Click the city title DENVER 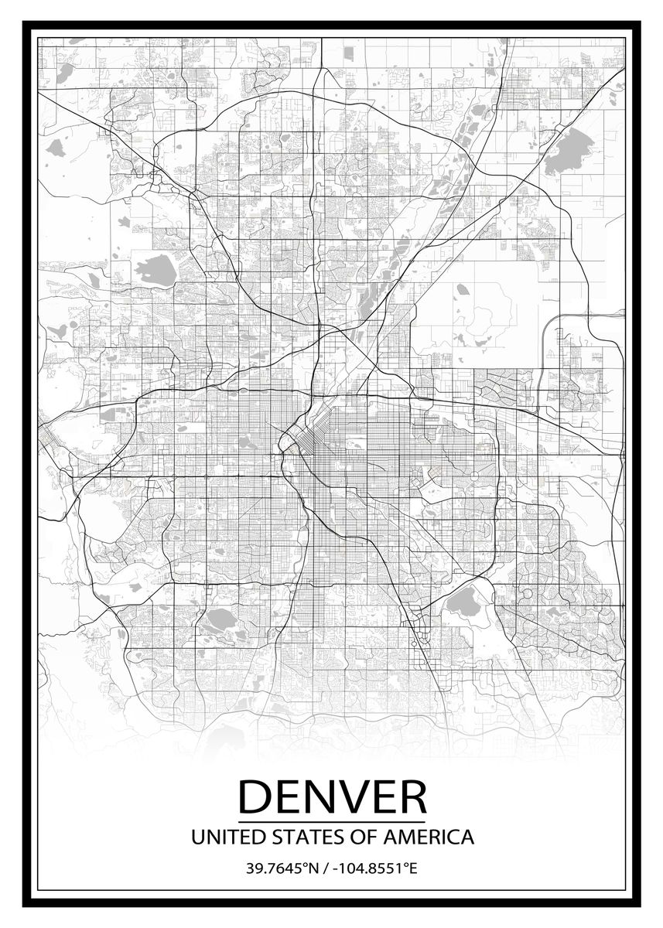tap(332, 796)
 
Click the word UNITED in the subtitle tap(220, 837)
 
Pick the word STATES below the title tap(297, 837)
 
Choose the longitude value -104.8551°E tap(374, 868)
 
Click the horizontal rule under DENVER tap(332, 821)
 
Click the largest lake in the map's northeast tap(569, 152)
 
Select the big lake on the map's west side tap(156, 271)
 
